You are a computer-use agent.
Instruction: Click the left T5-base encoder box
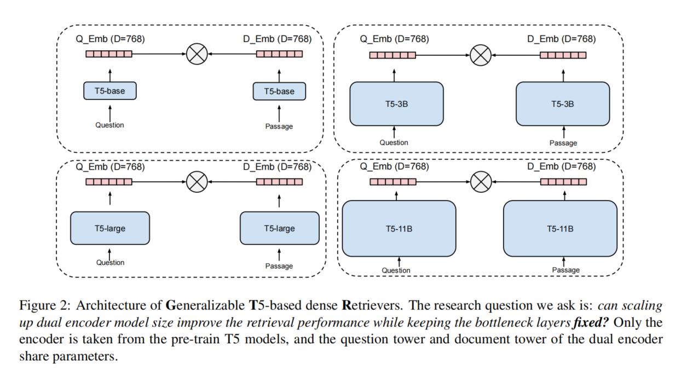click(109, 90)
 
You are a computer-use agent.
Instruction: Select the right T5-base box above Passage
click(279, 91)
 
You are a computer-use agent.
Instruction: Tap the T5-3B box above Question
click(396, 103)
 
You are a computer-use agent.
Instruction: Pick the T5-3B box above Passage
click(563, 103)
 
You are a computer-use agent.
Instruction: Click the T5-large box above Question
click(110, 228)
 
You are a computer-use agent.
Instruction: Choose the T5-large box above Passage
click(279, 228)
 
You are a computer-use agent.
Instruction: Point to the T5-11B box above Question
click(399, 228)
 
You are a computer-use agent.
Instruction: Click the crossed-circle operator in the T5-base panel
click(195, 54)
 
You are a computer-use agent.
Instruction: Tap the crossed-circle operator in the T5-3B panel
click(480, 55)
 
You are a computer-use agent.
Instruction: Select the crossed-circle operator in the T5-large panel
click(195, 182)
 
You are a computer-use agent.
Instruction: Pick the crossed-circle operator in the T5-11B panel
click(480, 182)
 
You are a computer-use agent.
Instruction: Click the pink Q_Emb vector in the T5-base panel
click(109, 54)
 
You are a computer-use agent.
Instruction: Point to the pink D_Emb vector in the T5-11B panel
click(563, 182)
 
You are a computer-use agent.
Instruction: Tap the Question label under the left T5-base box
click(109, 125)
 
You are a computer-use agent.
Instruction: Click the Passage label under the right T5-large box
click(279, 266)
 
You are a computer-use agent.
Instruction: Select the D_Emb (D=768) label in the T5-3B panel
click(561, 39)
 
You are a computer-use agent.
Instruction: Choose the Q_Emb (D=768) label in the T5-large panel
click(110, 166)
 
